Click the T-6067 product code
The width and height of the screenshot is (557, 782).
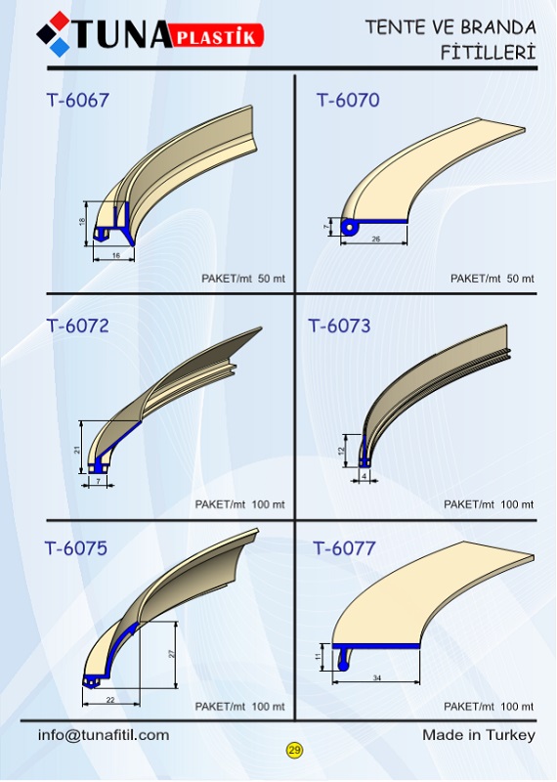pos(78,101)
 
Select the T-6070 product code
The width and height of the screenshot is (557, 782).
pos(348,101)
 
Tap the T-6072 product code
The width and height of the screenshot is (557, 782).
pos(78,326)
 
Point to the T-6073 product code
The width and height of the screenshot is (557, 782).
pos(340,326)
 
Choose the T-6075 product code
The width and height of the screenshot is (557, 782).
pos(76,548)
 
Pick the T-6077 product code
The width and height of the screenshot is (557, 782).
pos(344,548)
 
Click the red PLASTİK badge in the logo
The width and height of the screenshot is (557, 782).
pos(217,36)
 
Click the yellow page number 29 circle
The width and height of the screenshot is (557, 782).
pos(294,750)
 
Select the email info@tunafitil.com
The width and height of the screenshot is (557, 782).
pos(104,735)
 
